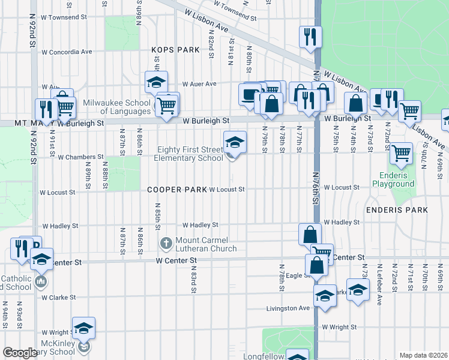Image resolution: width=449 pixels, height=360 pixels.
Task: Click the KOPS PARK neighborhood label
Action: point(175,50)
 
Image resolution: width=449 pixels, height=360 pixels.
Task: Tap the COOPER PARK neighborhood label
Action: point(177,190)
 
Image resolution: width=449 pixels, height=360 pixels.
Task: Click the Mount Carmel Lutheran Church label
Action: point(205,244)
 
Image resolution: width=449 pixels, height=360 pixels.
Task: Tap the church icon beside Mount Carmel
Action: point(166,244)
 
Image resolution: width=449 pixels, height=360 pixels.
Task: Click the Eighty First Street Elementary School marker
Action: point(235,143)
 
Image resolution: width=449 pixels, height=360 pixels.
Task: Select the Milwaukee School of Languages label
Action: point(117,107)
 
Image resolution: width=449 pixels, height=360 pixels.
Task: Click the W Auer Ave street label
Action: point(199,84)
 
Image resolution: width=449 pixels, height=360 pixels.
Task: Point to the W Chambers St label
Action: point(77,157)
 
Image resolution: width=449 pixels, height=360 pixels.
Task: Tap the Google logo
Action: point(20,353)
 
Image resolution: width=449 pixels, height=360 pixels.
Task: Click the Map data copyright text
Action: point(423,355)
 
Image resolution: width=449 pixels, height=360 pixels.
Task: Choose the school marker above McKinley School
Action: point(84,329)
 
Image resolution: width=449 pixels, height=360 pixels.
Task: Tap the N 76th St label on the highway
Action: point(315,186)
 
